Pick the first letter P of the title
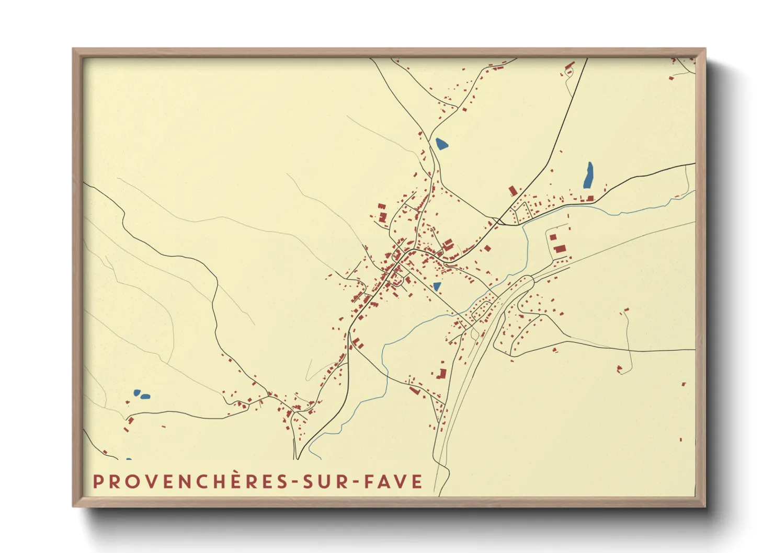pos(97,481)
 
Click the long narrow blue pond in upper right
pos(588,176)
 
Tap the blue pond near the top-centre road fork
pos(442,143)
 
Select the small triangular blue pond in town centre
pos(436,286)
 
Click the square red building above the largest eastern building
pos(553,237)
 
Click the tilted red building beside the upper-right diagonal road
pos(513,190)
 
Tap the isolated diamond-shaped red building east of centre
pos(487,248)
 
